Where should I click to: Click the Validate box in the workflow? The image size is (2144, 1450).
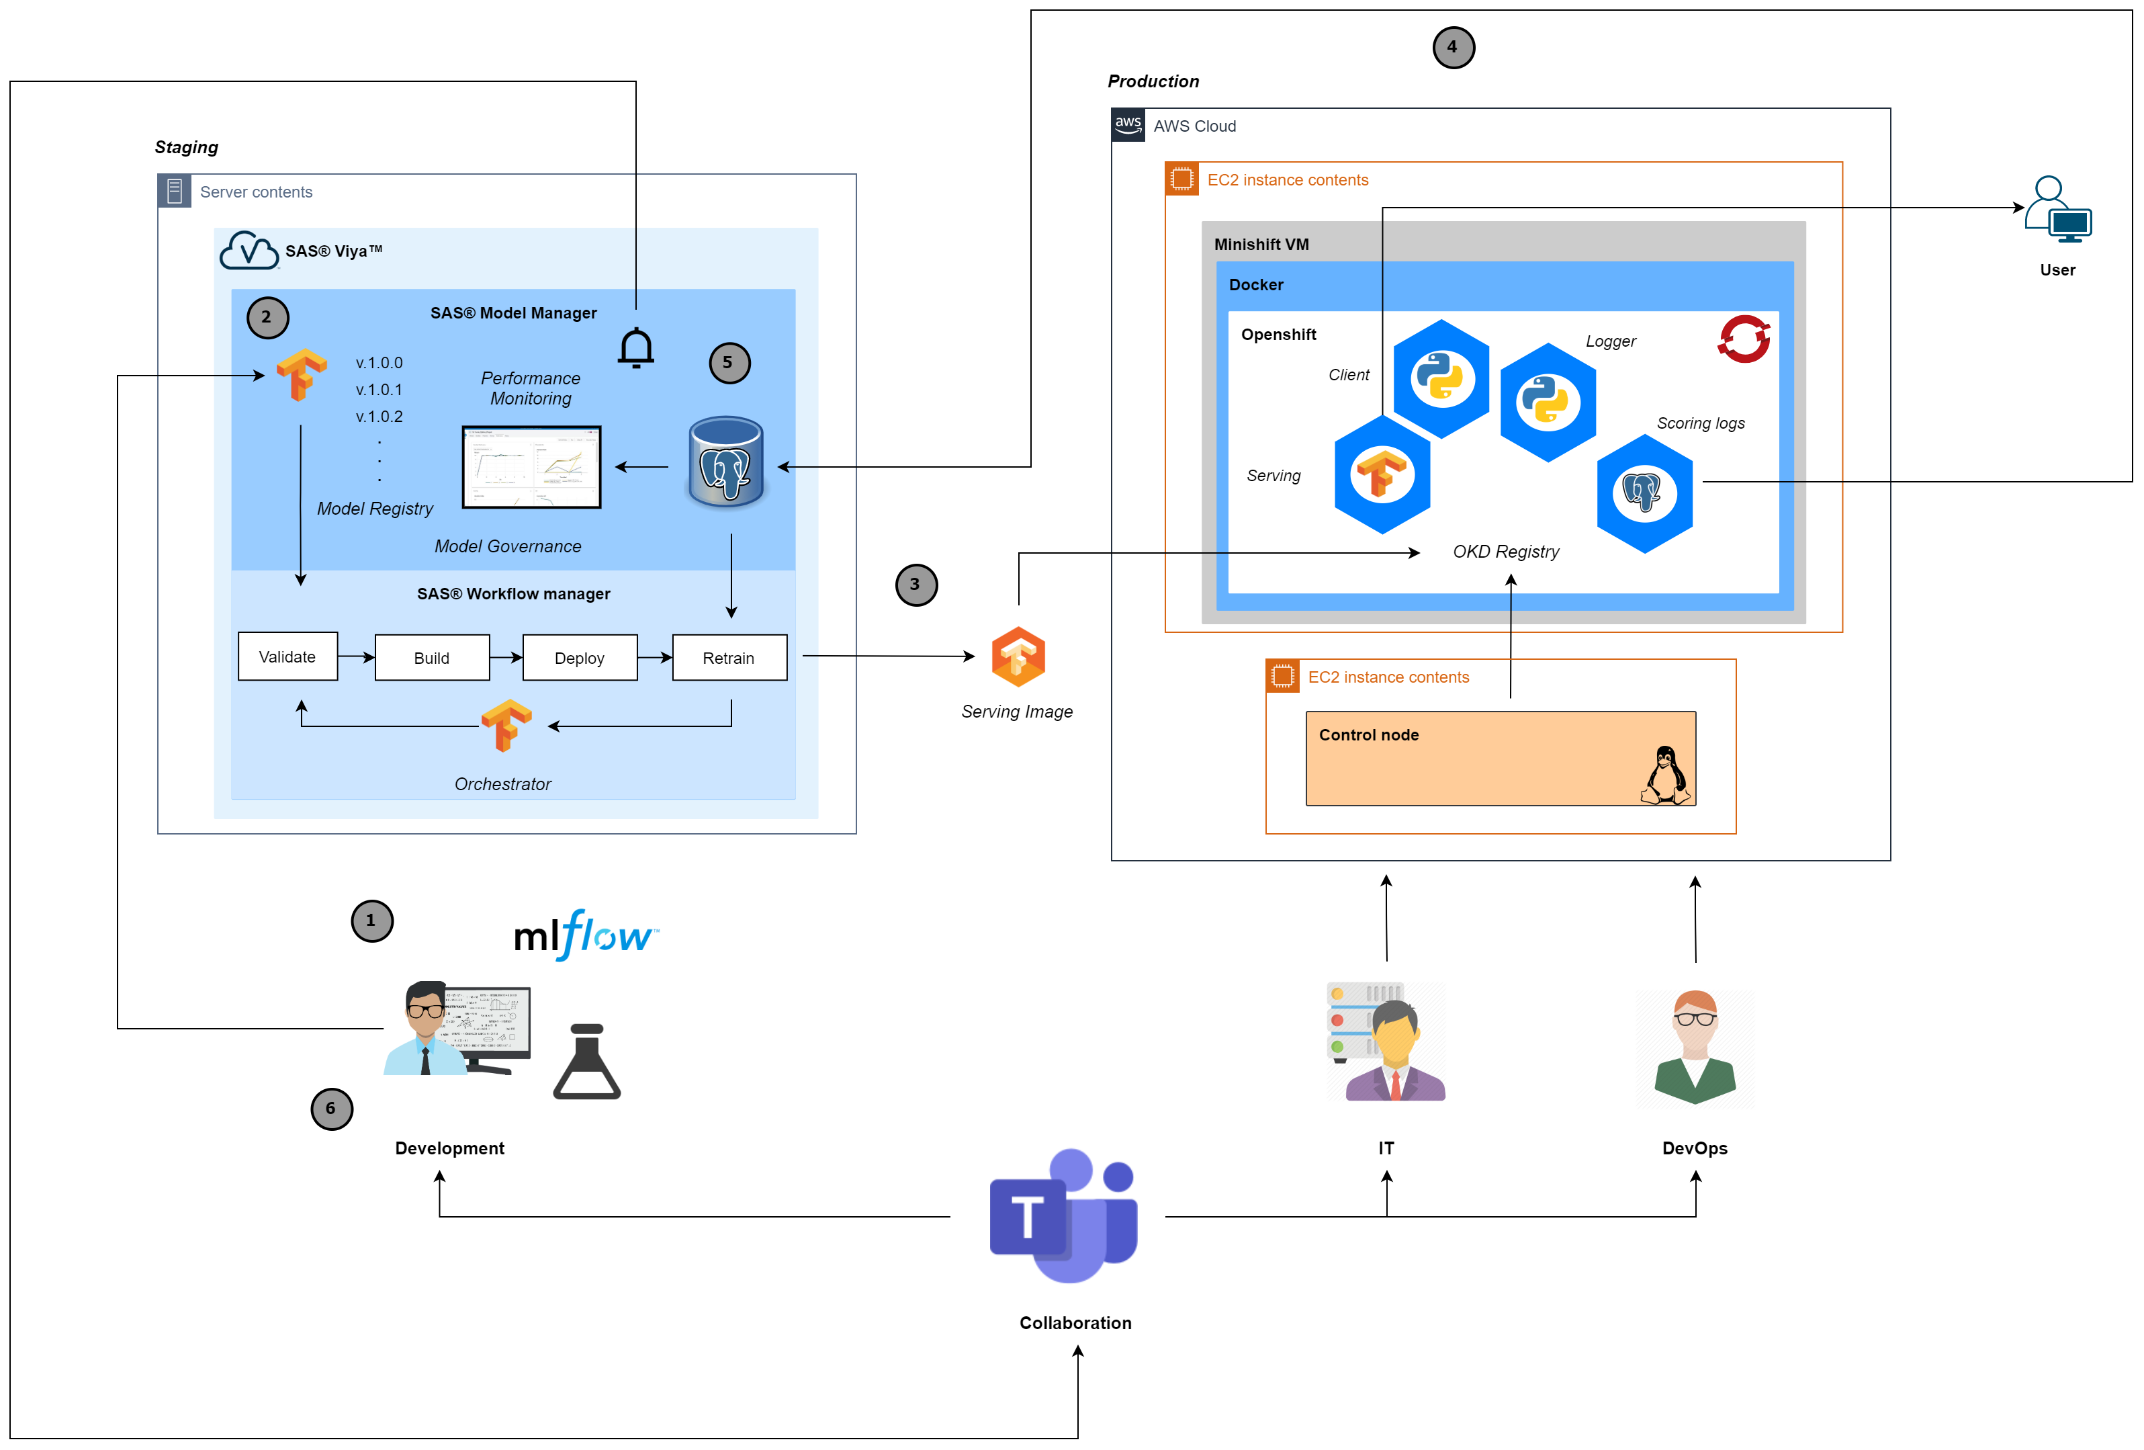tap(287, 656)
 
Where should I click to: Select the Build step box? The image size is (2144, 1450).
tap(432, 657)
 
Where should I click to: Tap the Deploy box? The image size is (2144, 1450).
tap(580, 657)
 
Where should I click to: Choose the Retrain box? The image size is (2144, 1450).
tap(729, 657)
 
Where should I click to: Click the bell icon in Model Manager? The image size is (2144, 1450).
tap(635, 348)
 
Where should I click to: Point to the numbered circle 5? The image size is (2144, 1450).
tap(729, 363)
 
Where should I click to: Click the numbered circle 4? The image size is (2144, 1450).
tap(1453, 47)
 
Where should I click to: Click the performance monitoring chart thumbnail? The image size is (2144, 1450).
tap(531, 466)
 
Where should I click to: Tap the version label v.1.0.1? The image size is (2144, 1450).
tap(379, 390)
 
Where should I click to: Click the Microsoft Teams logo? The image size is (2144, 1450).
tap(1064, 1216)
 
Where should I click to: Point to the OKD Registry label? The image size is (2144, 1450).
tap(1506, 551)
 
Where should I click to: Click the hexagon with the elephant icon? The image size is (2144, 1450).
tap(1644, 494)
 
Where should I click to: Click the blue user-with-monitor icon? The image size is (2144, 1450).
tap(2058, 210)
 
